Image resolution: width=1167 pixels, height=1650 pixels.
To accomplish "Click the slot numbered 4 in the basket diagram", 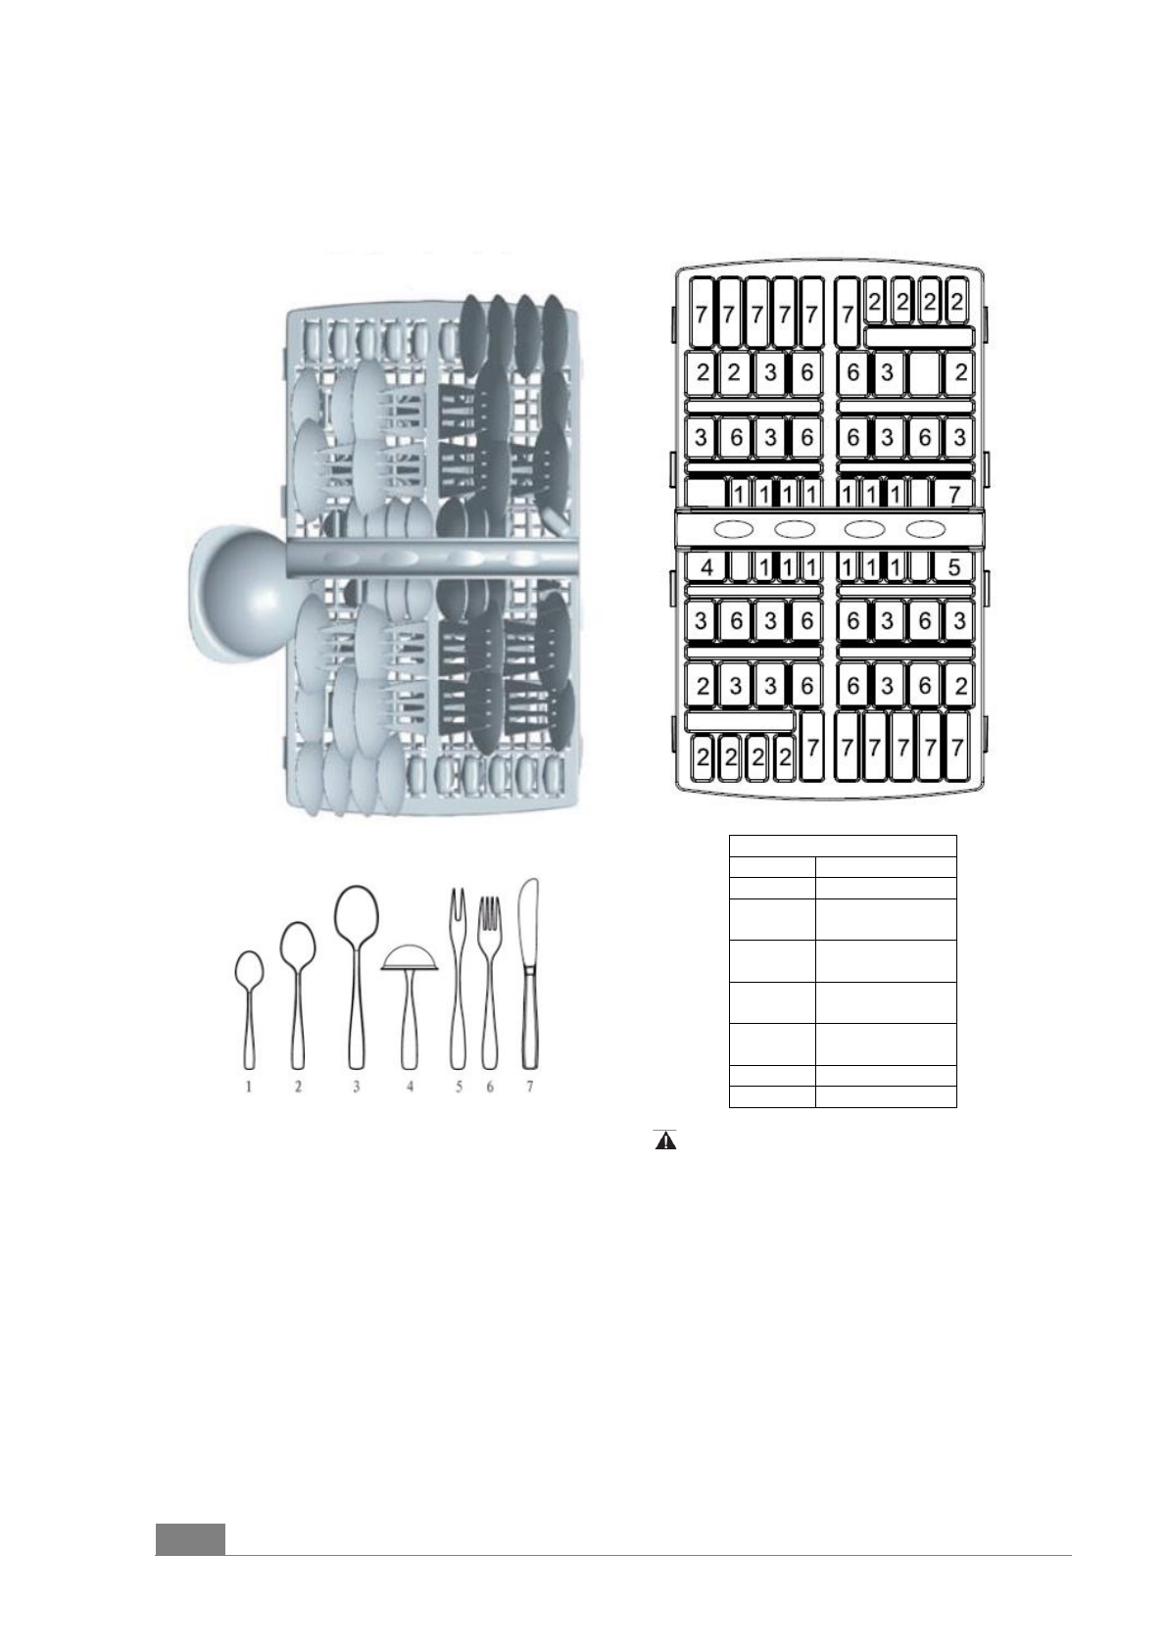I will point(707,566).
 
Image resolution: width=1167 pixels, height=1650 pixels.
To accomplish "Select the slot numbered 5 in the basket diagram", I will point(953,566).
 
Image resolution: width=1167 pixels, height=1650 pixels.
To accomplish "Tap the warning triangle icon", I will point(665,1141).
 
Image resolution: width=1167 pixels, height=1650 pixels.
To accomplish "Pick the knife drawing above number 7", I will point(530,970).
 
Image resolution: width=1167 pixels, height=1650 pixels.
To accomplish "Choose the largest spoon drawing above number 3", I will point(356,970).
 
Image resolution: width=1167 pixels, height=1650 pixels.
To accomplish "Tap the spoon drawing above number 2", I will point(298,990).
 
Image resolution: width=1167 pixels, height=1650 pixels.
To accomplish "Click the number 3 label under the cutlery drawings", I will point(357,1087).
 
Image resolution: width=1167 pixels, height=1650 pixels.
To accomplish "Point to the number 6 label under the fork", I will point(490,1087).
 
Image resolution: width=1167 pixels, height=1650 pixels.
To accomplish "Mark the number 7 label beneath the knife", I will point(530,1087).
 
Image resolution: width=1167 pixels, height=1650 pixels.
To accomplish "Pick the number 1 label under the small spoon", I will point(249,1087).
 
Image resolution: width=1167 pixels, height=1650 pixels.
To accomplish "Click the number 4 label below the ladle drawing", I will point(410,1087).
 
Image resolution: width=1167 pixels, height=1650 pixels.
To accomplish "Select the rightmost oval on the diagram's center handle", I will point(926,529).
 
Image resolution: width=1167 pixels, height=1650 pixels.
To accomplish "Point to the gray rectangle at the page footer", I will point(190,1538).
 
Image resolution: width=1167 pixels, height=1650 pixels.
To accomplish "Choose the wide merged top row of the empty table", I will point(843,846).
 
